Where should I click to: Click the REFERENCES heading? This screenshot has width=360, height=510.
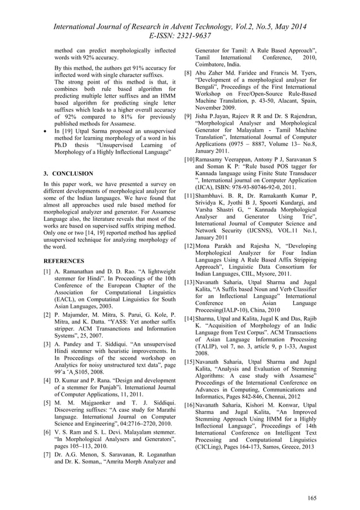tap(65, 261)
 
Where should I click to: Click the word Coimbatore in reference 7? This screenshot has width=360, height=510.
tap(212, 64)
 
